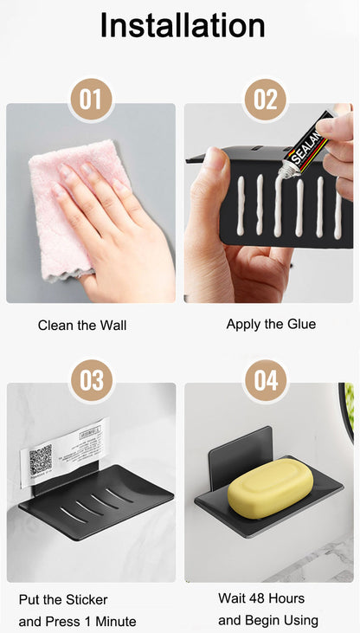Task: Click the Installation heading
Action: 182,25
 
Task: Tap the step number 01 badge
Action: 91,100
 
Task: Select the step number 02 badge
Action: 266,100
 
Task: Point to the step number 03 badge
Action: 91,381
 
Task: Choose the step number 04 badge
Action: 266,381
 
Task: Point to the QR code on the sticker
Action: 41,458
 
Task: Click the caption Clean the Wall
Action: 82,326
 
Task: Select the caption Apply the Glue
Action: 271,324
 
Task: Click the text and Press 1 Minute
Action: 77,621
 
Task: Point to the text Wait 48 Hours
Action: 261,598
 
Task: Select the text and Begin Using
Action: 268,620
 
